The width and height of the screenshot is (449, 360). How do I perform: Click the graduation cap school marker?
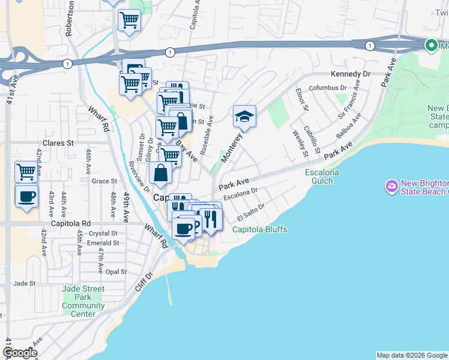pyautogui.click(x=244, y=116)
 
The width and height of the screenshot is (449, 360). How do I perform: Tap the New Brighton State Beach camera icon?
pyautogui.click(x=392, y=187)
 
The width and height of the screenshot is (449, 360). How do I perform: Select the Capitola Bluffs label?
pyautogui.click(x=259, y=229)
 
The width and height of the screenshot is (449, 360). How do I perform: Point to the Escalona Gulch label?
pyautogui.click(x=322, y=177)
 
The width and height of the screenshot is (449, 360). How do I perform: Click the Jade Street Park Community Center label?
pyautogui.click(x=83, y=301)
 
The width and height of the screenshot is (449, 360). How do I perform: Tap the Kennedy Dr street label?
pyautogui.click(x=351, y=74)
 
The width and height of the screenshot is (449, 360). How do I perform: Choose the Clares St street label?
pyautogui.click(x=57, y=143)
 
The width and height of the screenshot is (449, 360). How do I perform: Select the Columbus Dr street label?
pyautogui.click(x=328, y=88)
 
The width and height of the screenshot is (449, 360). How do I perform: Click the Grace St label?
pyautogui.click(x=104, y=181)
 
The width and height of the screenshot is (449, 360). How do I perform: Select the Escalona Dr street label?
pyautogui.click(x=240, y=195)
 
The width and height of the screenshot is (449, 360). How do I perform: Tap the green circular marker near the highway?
pyautogui.click(x=431, y=45)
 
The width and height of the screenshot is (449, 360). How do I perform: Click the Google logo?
pyautogui.click(x=20, y=353)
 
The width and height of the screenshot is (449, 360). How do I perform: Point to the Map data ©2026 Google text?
pyautogui.click(x=411, y=355)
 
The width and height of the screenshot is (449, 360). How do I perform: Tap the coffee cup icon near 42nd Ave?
pyautogui.click(x=26, y=196)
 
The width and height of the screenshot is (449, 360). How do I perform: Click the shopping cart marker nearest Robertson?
pyautogui.click(x=129, y=20)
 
